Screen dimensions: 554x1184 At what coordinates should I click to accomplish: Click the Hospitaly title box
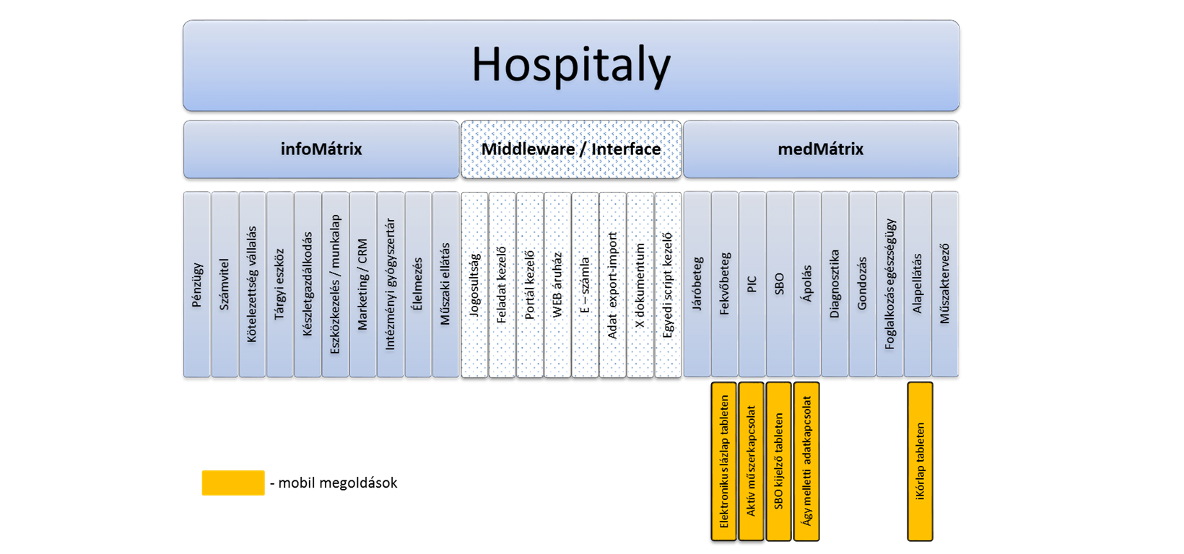coord(571,66)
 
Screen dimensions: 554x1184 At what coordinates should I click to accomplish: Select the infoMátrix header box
coord(321,149)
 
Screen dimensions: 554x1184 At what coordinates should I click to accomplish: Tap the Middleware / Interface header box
coord(571,149)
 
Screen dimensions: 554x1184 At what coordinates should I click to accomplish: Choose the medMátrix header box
coord(821,149)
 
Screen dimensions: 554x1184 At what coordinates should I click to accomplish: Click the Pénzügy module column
coord(197,284)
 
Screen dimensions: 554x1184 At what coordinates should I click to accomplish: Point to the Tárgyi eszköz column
coord(280,284)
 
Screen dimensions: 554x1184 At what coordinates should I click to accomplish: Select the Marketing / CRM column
coord(363,284)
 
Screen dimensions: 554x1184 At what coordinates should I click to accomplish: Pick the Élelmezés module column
coord(418,284)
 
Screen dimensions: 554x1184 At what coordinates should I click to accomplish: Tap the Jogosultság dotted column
coord(474,284)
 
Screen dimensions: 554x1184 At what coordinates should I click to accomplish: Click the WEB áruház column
coord(557,284)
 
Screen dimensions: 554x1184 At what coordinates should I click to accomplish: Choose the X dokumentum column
coord(640,284)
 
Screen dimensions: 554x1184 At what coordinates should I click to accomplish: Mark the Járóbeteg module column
coord(697,284)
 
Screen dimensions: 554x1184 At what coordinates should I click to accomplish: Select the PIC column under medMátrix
coord(752,284)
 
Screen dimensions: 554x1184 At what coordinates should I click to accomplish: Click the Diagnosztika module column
coord(835,284)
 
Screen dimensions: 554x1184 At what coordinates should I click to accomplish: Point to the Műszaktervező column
coord(945,284)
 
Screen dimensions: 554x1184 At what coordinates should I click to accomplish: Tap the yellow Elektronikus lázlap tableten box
coord(724,462)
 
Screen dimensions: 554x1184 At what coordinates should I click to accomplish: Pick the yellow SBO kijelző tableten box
coord(779,462)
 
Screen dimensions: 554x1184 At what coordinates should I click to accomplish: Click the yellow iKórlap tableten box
coord(920,462)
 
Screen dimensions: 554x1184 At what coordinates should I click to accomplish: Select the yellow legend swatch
coord(233,483)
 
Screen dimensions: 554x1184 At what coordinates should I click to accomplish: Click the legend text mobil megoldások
coord(334,483)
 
